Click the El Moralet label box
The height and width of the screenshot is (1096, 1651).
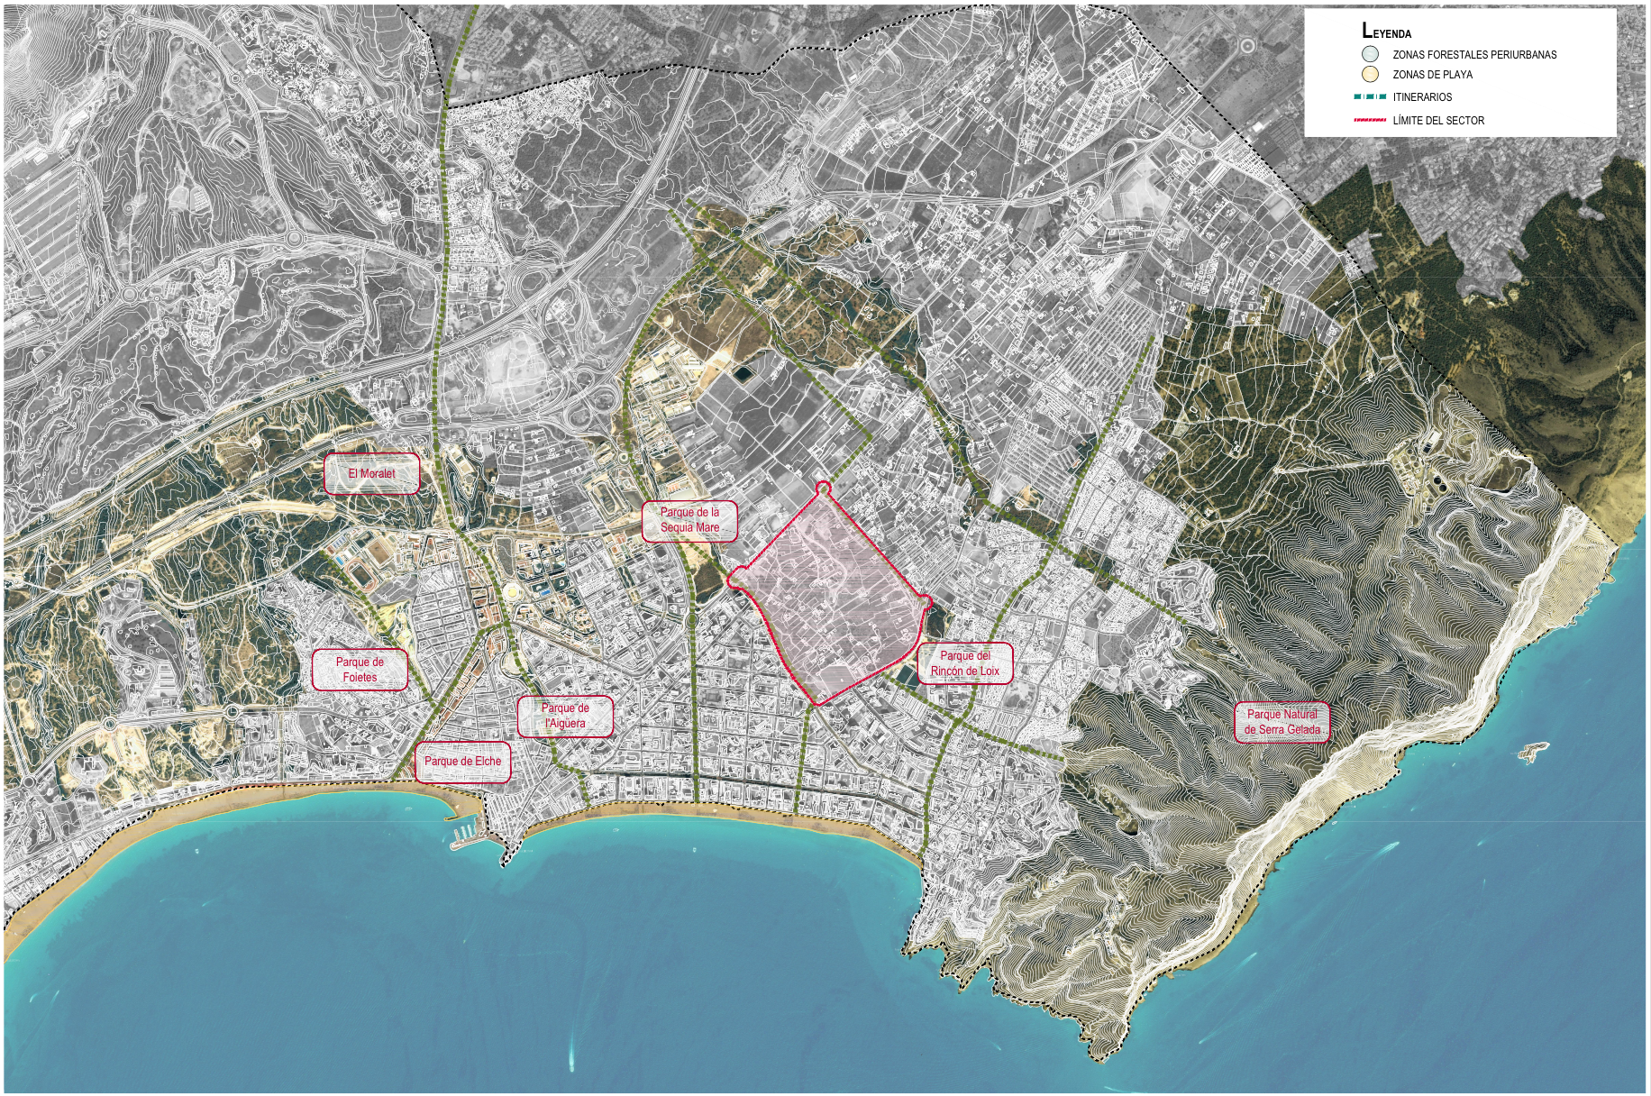point(371,474)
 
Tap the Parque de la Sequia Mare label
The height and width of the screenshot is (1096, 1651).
point(689,520)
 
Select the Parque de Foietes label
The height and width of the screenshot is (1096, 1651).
point(360,670)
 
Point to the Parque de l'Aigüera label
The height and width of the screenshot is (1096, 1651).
point(565,716)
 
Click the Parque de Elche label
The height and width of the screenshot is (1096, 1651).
point(462,762)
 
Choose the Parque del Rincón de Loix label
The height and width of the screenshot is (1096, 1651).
point(965,663)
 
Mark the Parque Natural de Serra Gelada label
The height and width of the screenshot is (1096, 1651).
point(1282,722)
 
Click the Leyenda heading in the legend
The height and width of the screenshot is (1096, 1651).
point(1386,30)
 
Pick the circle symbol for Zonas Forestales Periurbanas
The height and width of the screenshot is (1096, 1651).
point(1371,54)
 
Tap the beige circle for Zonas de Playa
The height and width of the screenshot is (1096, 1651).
point(1371,74)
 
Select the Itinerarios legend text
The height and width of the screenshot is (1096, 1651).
point(1422,97)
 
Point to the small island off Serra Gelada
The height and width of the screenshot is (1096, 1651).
point(1533,749)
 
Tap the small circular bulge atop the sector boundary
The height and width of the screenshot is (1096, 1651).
point(822,489)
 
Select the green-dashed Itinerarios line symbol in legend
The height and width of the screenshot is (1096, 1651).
point(1370,97)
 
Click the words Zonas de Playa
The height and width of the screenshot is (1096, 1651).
point(1432,75)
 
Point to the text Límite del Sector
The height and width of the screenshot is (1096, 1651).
point(1438,121)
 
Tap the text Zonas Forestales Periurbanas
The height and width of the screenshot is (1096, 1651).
point(1474,55)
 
